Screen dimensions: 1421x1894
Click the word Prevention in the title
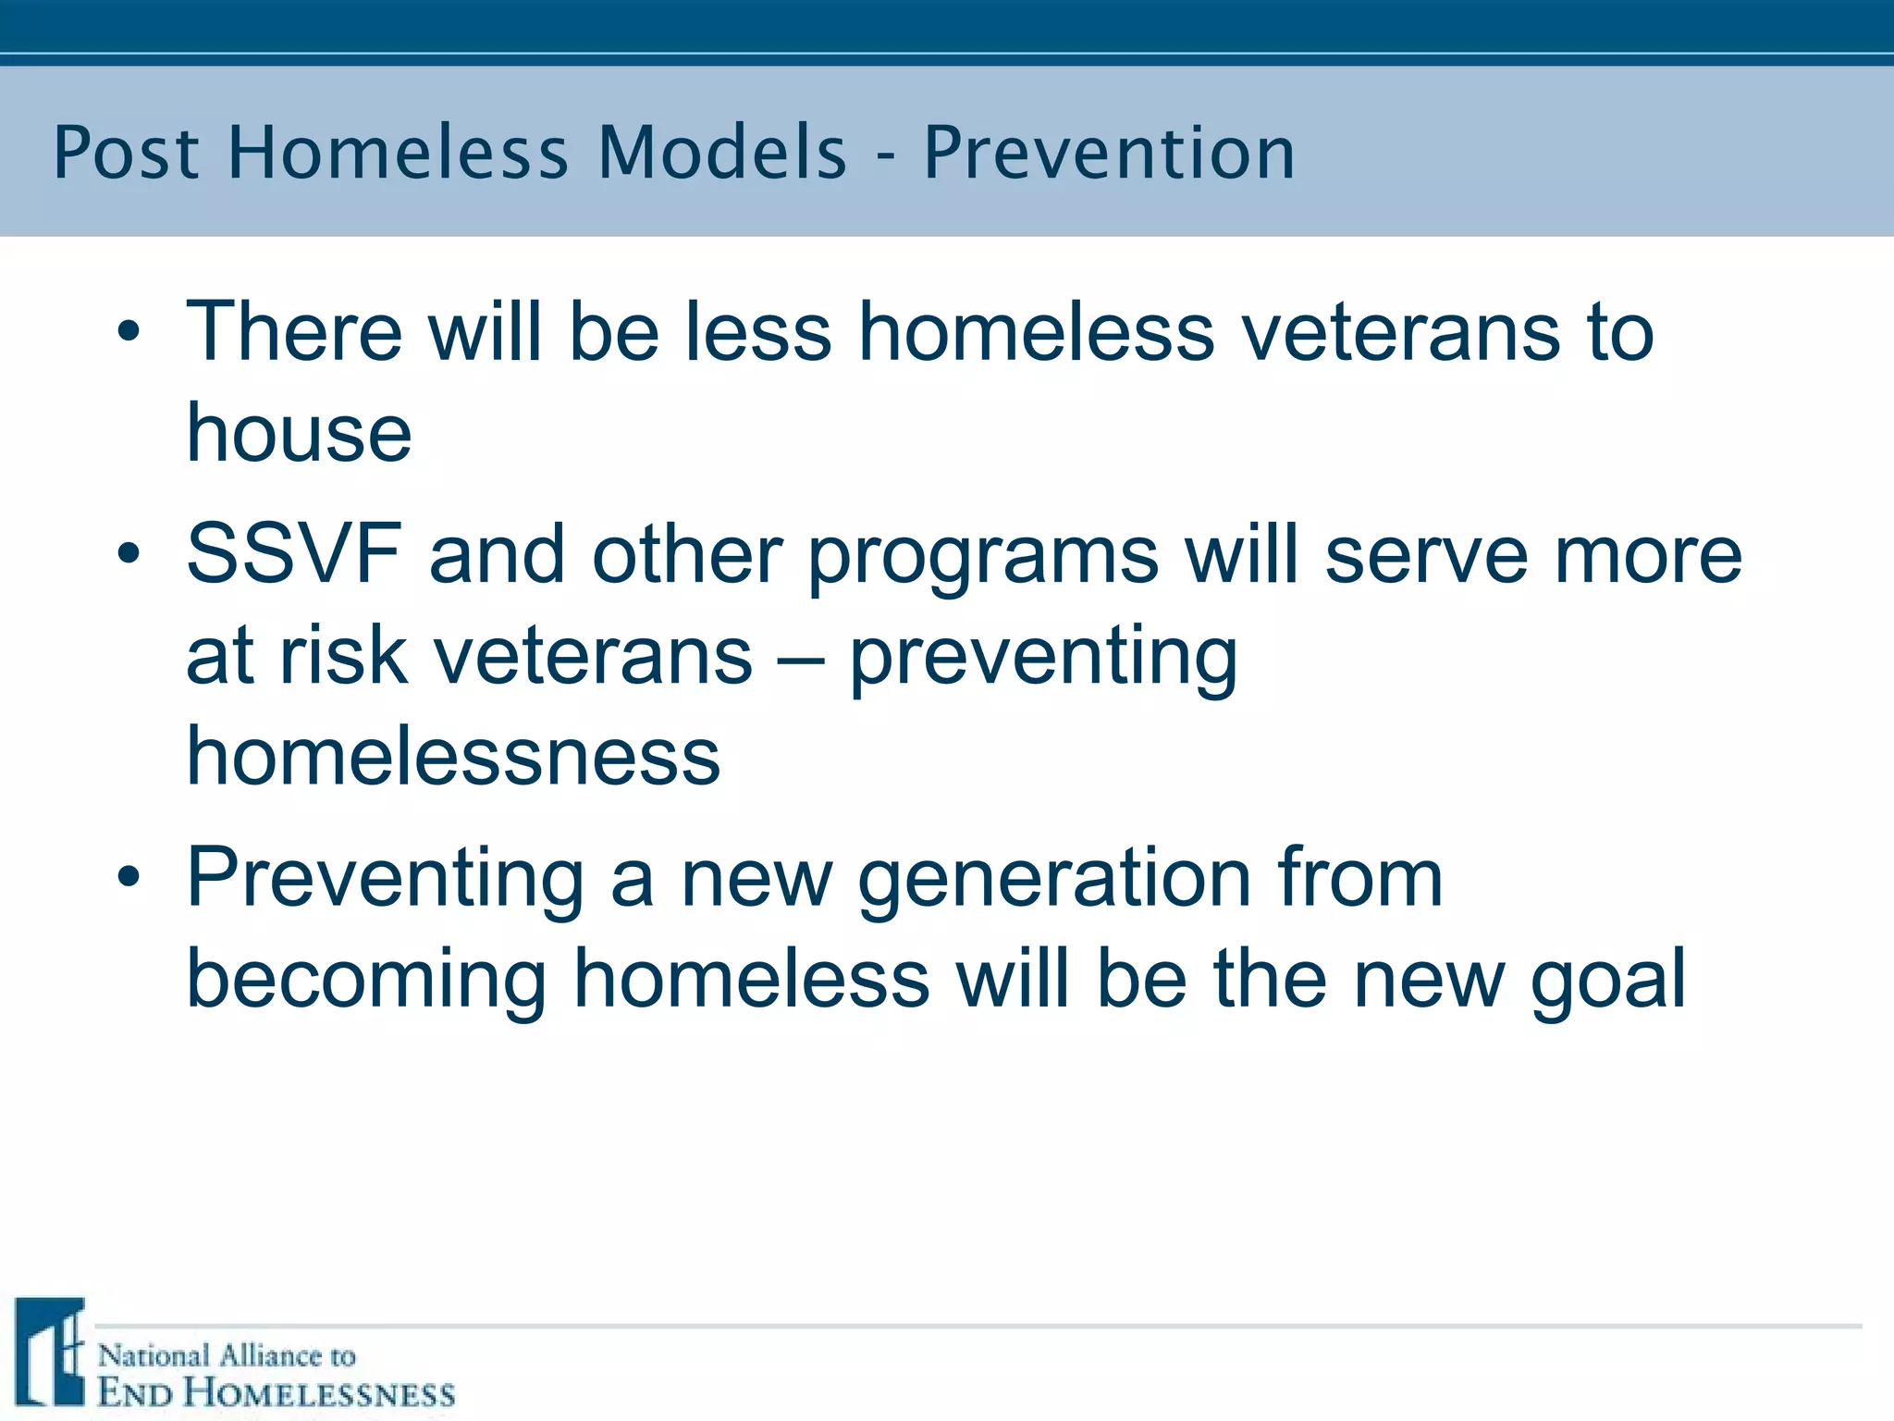(x=1109, y=153)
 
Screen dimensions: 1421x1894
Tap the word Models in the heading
(x=722, y=153)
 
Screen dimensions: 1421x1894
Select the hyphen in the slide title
(x=886, y=157)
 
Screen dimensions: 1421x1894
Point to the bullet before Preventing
(x=129, y=876)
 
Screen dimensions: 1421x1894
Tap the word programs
(x=983, y=559)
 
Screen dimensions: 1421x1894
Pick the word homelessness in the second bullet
(x=453, y=756)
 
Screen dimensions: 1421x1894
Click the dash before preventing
(x=801, y=659)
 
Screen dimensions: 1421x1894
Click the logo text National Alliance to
(x=227, y=1355)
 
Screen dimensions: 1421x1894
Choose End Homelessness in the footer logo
(x=276, y=1393)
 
